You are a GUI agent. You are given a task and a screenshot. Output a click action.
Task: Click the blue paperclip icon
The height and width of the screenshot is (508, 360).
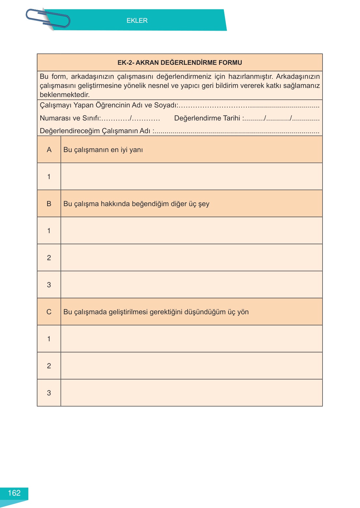click(x=48, y=19)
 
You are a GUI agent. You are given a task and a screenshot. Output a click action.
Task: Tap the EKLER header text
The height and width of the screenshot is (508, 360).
click(x=137, y=21)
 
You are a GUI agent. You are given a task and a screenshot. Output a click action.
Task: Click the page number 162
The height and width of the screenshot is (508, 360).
click(x=14, y=493)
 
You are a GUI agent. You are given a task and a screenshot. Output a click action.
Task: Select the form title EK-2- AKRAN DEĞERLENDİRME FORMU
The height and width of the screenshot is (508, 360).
click(x=180, y=63)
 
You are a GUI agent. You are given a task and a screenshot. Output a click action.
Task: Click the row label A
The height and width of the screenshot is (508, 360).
click(x=49, y=150)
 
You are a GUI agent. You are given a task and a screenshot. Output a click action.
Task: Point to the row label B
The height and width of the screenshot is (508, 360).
click(x=49, y=204)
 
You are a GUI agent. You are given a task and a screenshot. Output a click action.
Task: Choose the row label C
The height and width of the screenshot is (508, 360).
click(x=49, y=312)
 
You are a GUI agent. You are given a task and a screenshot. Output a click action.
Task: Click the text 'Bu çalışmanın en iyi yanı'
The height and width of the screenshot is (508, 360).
click(x=103, y=150)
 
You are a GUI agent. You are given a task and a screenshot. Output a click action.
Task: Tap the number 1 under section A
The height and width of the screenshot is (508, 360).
click(x=49, y=177)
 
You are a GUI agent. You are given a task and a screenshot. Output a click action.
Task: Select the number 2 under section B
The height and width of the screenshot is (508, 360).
click(x=49, y=258)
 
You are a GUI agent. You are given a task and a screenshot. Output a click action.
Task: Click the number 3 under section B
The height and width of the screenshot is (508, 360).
click(x=49, y=285)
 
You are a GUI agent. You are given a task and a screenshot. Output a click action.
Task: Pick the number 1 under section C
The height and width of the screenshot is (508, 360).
click(x=49, y=339)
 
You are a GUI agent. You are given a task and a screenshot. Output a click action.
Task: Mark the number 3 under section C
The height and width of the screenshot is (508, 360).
click(x=49, y=393)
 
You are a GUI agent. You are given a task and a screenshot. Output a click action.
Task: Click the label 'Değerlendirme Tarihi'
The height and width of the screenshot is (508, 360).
click(x=207, y=118)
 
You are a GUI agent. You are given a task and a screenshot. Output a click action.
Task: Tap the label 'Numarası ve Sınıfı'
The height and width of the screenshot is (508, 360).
click(x=70, y=118)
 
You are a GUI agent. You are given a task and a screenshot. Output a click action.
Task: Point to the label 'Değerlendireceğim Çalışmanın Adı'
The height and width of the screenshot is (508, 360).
click(x=95, y=131)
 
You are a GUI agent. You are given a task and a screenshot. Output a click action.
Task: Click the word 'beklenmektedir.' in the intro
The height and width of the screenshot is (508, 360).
click(x=65, y=95)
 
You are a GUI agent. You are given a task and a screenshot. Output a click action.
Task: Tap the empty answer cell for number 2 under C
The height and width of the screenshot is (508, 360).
click(x=191, y=366)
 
